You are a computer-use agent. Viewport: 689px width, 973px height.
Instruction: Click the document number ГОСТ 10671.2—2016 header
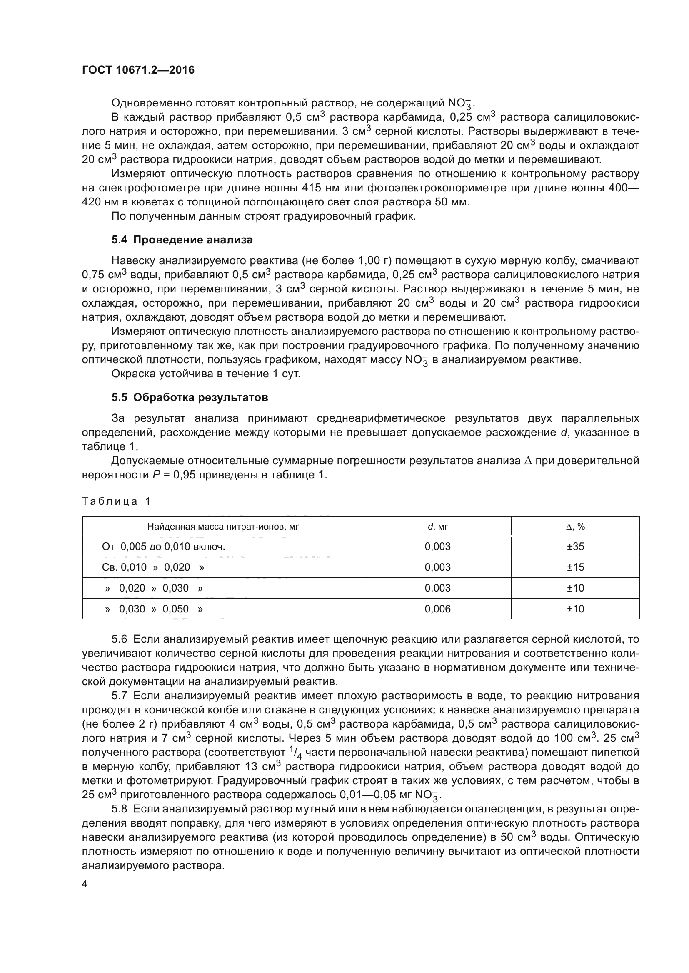(138, 70)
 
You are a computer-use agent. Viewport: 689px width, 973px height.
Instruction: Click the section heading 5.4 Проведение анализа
(182, 240)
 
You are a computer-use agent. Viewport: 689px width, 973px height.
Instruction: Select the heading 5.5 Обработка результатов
(190, 398)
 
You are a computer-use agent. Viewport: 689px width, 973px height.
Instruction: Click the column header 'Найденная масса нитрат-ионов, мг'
(223, 527)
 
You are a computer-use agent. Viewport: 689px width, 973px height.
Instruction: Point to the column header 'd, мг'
(437, 527)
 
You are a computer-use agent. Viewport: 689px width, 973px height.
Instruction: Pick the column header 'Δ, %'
(575, 527)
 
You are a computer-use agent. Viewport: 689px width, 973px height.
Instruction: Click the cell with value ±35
(575, 547)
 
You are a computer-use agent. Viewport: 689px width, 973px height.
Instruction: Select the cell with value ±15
(575, 567)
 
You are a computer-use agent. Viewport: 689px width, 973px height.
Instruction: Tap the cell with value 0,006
(437, 609)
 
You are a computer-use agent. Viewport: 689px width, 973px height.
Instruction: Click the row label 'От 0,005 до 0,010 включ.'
(163, 547)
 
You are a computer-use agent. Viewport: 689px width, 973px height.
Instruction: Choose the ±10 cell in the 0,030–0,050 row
(575, 609)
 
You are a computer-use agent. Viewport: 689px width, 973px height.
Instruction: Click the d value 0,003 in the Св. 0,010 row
(437, 567)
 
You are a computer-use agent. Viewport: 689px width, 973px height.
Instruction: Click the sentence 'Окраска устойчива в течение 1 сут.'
(206, 374)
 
